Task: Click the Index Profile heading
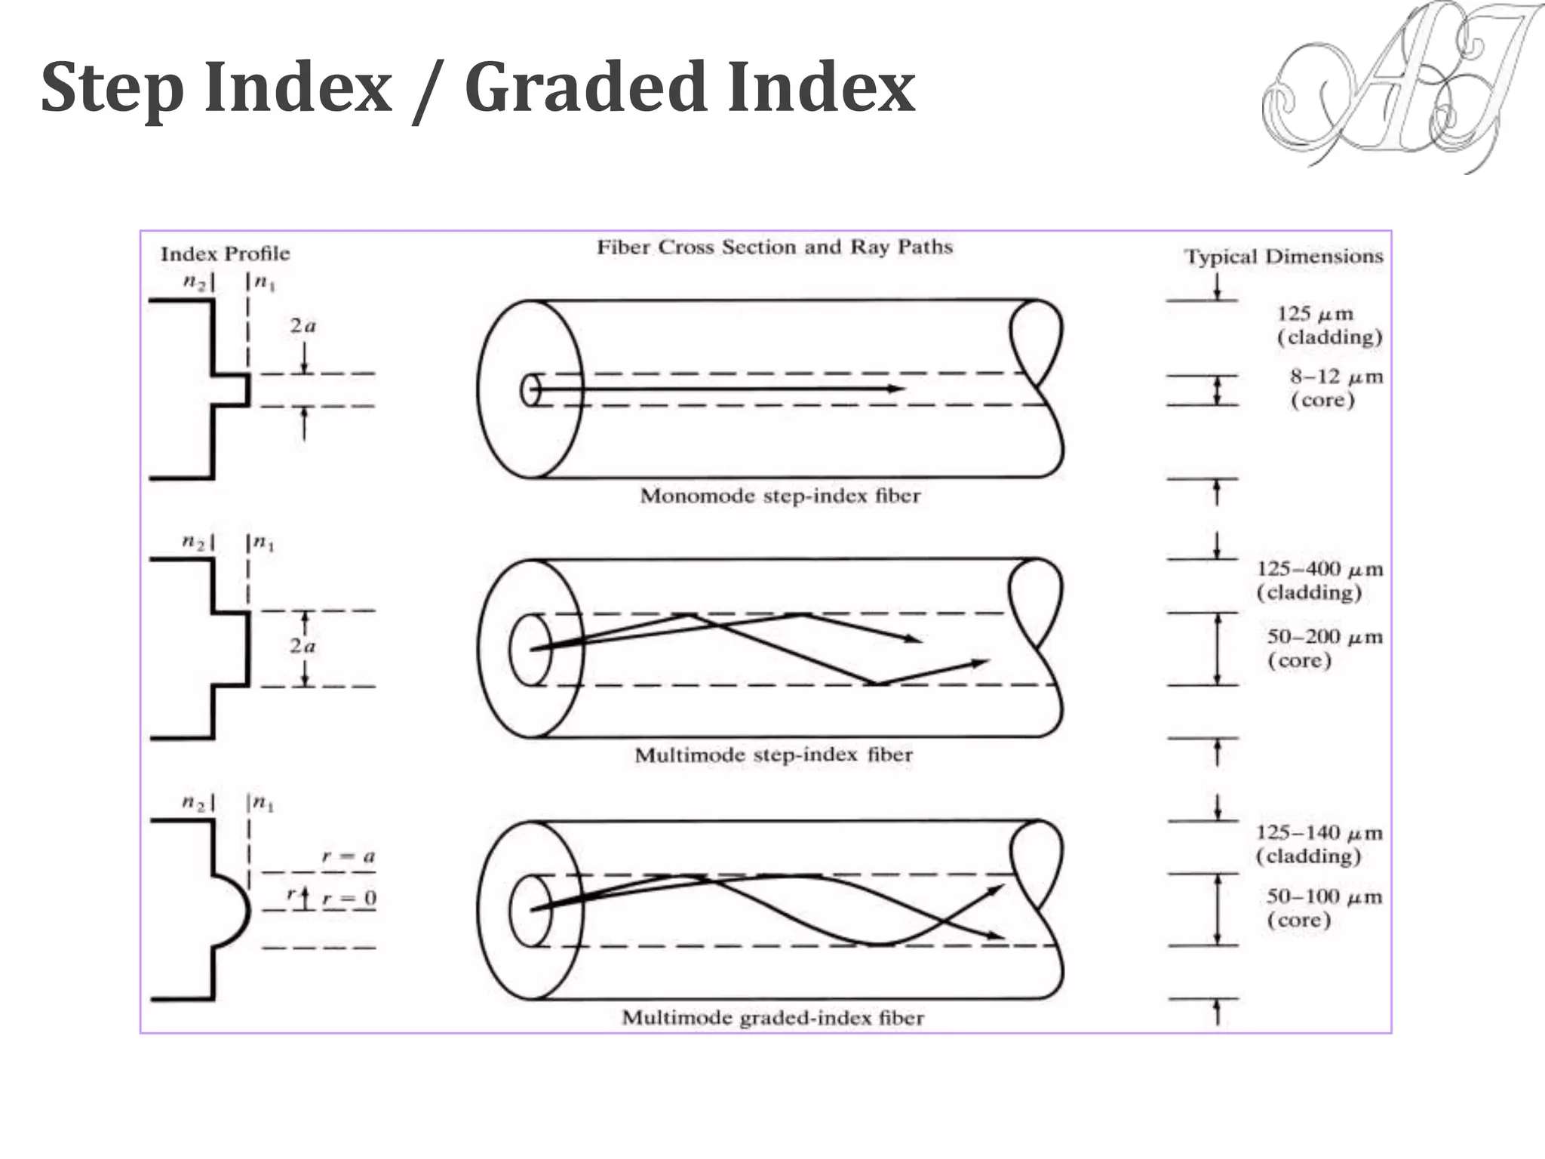pyautogui.click(x=225, y=254)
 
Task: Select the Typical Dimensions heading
pyautogui.click(x=1283, y=257)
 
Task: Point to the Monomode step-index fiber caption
pyautogui.click(x=780, y=496)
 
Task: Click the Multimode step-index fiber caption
pyautogui.click(x=773, y=755)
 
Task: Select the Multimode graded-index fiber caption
pyautogui.click(x=772, y=1018)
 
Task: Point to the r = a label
pyautogui.click(x=348, y=856)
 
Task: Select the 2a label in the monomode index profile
pyautogui.click(x=303, y=326)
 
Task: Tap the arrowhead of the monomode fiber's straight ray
pyautogui.click(x=895, y=389)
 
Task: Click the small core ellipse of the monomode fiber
pyautogui.click(x=530, y=390)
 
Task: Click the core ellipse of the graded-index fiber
pyautogui.click(x=530, y=911)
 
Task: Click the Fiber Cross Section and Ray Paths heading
pyautogui.click(x=775, y=247)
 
